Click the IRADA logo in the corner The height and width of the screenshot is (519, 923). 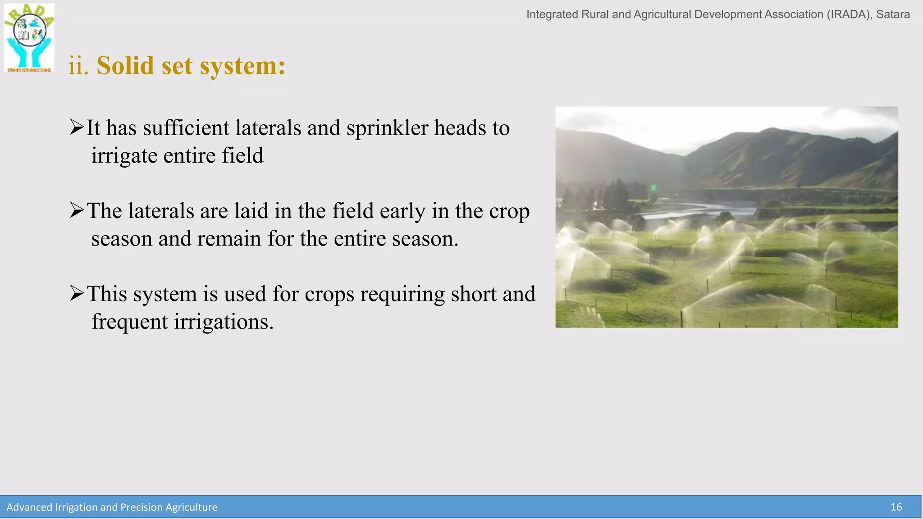(x=29, y=38)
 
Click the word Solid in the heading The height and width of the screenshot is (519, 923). (x=125, y=66)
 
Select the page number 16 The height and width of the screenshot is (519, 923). (x=896, y=507)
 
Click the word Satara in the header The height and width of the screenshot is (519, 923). (x=893, y=14)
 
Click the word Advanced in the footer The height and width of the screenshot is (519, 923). (x=29, y=507)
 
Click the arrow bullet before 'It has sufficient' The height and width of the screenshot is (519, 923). (x=77, y=127)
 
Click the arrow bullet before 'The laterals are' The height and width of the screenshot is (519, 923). (x=77, y=210)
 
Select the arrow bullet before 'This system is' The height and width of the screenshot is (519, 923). (x=77, y=293)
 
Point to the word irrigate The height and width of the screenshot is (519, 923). (x=124, y=156)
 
